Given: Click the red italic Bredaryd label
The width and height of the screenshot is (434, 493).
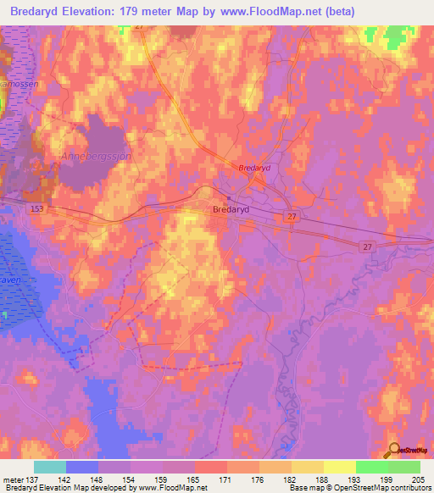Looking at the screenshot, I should [253, 169].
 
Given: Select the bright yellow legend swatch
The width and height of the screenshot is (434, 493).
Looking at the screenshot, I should [339, 467].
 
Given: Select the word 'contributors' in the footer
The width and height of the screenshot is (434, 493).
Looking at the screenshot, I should [409, 488].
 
